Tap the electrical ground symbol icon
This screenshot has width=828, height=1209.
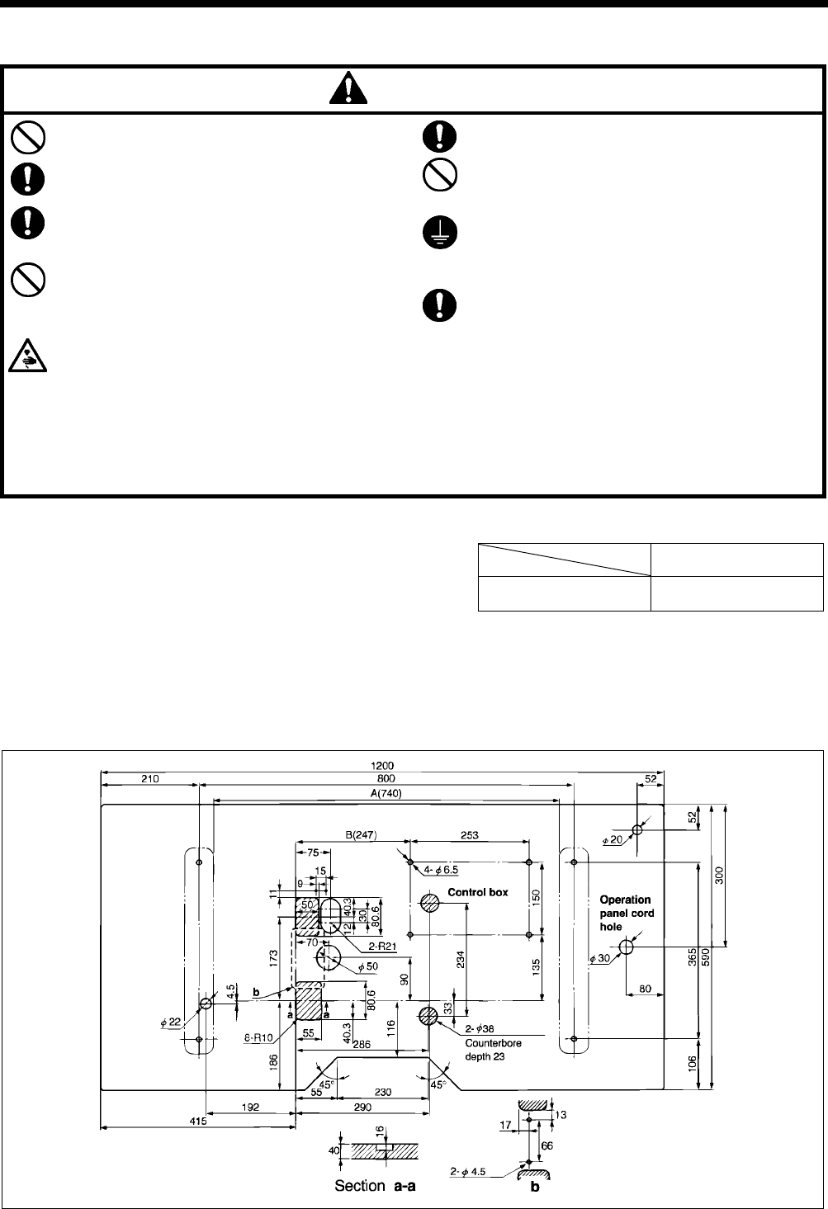(x=437, y=234)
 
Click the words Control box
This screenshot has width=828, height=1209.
(x=478, y=892)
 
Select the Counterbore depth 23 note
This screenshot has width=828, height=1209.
(x=493, y=1049)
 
